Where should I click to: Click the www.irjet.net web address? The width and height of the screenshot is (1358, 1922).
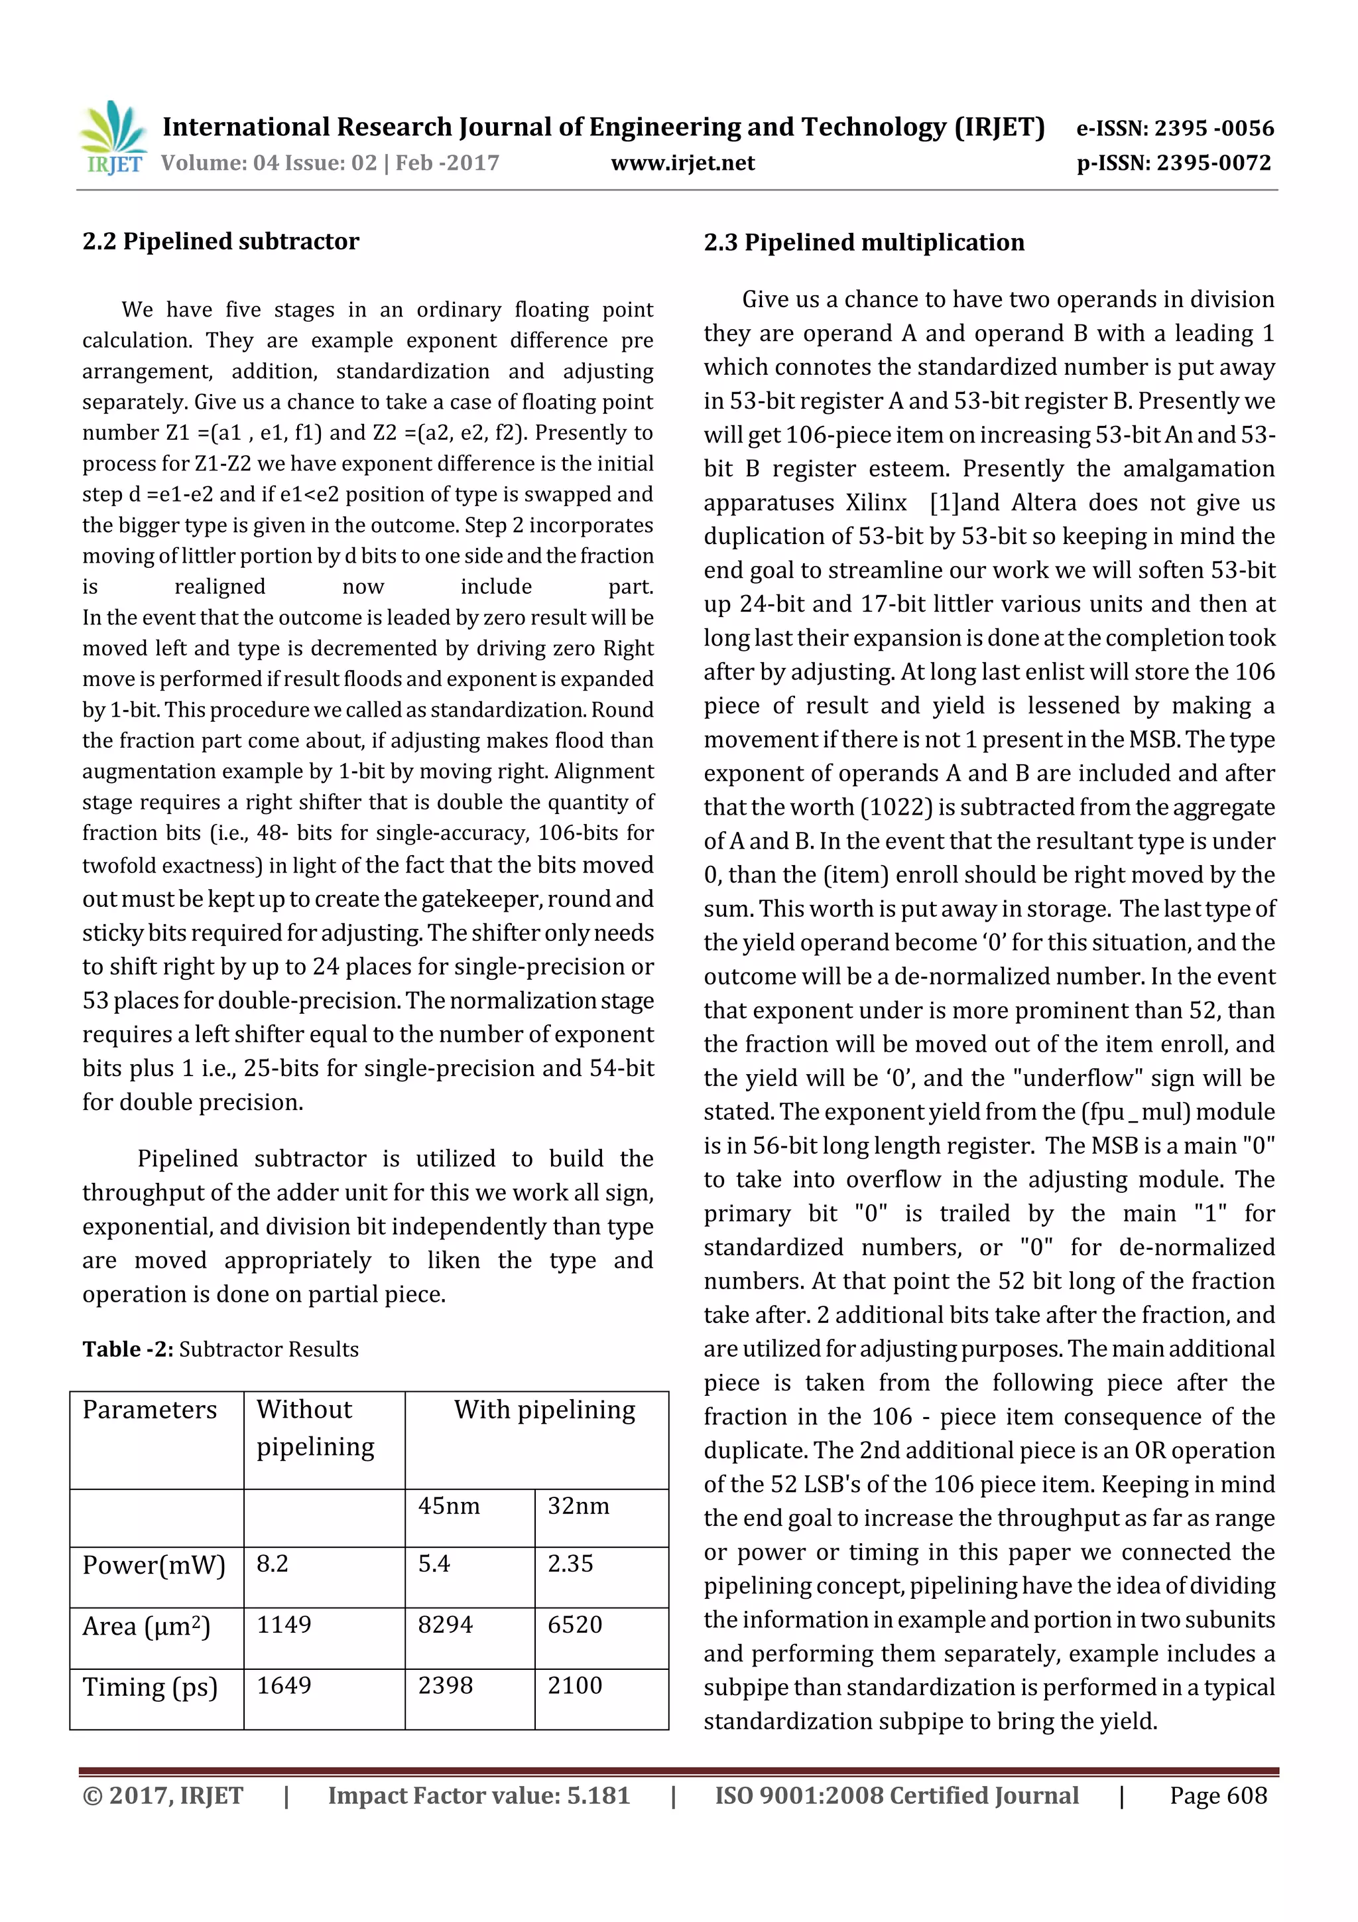click(683, 163)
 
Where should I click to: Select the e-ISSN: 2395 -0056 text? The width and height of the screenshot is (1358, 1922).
click(1175, 128)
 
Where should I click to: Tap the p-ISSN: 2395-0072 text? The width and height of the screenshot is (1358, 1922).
click(1173, 163)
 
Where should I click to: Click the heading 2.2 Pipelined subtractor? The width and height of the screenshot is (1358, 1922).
click(221, 242)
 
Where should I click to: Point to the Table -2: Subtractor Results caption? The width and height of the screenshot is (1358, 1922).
click(220, 1349)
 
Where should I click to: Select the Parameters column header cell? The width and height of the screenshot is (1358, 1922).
click(150, 1410)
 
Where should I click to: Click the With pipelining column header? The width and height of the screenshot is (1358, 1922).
click(544, 1410)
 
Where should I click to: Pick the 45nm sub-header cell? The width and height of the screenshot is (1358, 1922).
click(450, 1506)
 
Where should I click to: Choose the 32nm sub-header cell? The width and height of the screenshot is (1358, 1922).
click(578, 1506)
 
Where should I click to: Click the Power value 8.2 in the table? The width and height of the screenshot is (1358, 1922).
click(273, 1564)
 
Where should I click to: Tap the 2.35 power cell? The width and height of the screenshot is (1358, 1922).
click(571, 1564)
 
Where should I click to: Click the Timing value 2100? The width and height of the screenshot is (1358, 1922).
click(575, 1686)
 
